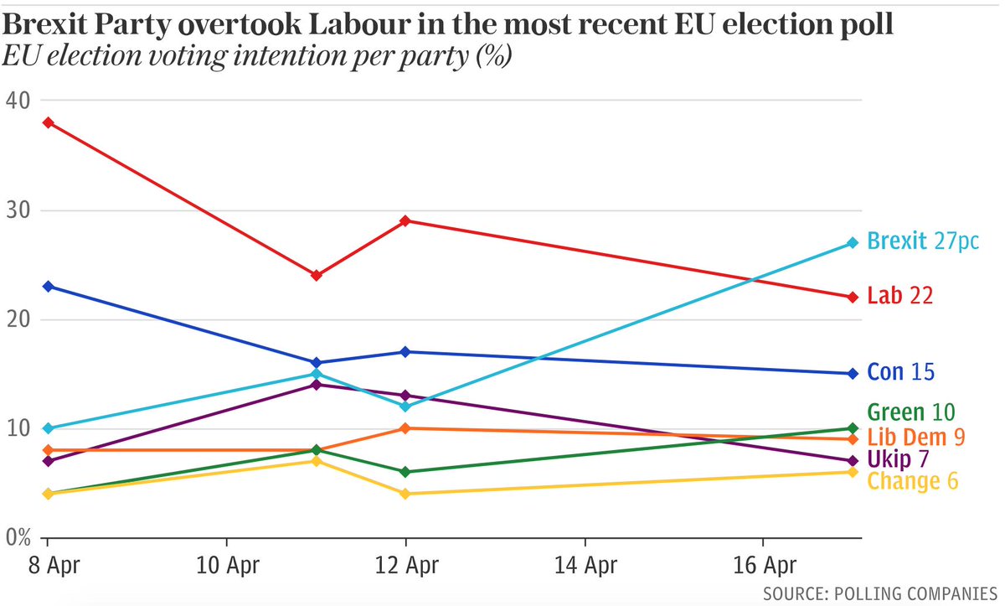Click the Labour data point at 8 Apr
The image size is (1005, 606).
[x=48, y=122]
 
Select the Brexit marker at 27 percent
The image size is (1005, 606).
[x=853, y=243]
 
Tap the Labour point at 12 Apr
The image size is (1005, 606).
[x=405, y=220]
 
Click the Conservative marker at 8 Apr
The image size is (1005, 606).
[x=48, y=287]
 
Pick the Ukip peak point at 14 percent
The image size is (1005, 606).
[x=316, y=385]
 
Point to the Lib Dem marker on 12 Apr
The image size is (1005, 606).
[x=405, y=428]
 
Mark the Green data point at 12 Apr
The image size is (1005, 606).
[x=405, y=472]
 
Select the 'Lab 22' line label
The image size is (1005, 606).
[x=899, y=296]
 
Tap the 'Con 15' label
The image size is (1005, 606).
[x=900, y=372]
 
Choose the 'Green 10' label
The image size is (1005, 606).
[x=911, y=412]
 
